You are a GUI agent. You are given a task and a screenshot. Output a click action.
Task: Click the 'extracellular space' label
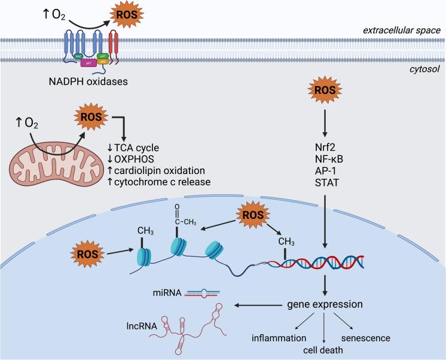(x=404, y=29)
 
